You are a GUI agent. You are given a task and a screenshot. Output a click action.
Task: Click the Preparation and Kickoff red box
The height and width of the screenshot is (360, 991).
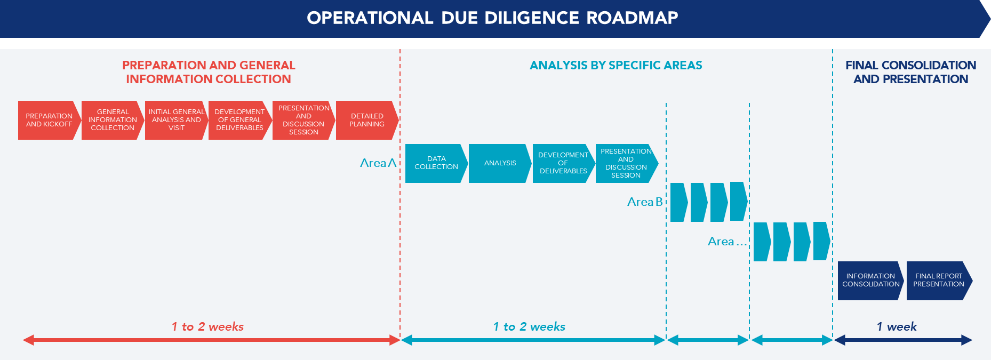click(x=49, y=120)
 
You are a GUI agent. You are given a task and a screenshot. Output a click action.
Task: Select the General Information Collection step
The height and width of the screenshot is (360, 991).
click(x=112, y=120)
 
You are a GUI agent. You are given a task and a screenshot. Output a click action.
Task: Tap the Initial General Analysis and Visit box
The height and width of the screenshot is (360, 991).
click(x=175, y=120)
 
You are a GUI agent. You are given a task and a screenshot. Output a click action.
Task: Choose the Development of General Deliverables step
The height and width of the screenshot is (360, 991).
click(x=239, y=120)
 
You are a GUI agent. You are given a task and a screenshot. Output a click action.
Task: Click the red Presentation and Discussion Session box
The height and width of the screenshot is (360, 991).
click(x=303, y=120)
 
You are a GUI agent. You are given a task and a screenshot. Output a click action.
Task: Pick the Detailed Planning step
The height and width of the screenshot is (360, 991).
click(x=366, y=120)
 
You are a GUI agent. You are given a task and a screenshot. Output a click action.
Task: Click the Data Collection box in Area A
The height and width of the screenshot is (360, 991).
click(x=436, y=163)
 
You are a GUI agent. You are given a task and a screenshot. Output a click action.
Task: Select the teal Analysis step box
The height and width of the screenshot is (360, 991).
click(x=499, y=163)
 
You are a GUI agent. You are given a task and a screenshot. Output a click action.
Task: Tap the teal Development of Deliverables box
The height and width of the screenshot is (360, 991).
click(x=563, y=163)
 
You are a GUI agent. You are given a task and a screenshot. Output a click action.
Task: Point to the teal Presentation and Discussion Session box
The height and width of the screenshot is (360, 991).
click(x=626, y=163)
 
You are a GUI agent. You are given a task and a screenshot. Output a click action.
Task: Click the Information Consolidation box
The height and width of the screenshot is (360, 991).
click(x=870, y=280)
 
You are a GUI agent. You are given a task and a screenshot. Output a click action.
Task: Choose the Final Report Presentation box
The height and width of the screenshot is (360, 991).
click(x=938, y=280)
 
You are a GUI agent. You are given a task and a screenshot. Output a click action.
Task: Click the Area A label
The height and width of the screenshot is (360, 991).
click(x=378, y=163)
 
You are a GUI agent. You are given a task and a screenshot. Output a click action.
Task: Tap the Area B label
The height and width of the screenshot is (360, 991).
click(x=644, y=202)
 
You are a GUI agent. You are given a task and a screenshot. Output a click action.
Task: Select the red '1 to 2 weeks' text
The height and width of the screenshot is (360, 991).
click(x=207, y=326)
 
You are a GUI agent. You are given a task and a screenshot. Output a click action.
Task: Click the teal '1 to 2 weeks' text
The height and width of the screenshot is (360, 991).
click(x=529, y=326)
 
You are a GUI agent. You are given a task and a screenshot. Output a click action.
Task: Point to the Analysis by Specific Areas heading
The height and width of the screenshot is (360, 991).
click(x=616, y=65)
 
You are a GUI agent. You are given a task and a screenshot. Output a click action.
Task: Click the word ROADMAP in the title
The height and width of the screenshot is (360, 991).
click(x=632, y=18)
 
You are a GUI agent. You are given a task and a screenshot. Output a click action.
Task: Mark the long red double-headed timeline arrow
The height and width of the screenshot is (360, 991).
click(x=211, y=340)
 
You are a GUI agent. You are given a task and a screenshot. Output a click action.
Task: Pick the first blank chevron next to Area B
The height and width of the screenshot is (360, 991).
click(x=678, y=202)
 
